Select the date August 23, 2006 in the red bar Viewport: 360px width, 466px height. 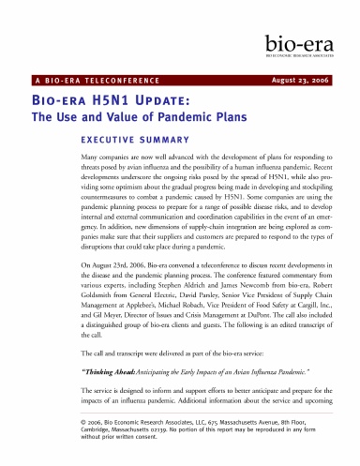click(305, 80)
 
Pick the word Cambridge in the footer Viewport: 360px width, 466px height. click(74, 432)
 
